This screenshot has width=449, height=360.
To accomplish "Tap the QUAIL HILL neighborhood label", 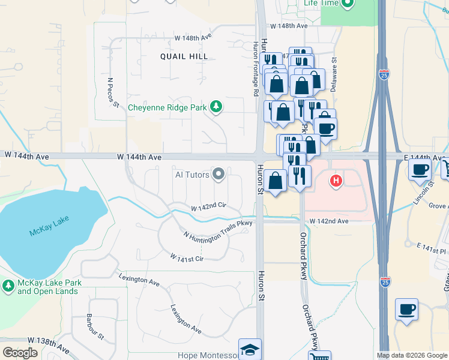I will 184,56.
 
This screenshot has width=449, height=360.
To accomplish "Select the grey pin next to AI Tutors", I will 218,175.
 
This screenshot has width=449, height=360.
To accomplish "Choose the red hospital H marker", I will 336,180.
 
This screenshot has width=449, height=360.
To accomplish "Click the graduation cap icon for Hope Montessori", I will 250,349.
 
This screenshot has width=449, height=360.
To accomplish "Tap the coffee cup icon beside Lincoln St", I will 420,169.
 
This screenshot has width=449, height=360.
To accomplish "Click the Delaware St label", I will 334,74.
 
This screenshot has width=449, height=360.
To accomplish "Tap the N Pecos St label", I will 112,92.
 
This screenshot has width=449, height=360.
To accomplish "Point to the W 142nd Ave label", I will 331,221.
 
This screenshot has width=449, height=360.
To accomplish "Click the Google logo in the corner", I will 20,353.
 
